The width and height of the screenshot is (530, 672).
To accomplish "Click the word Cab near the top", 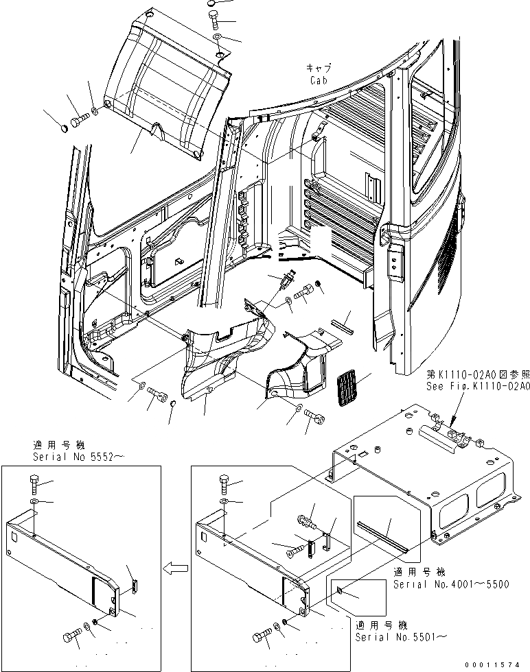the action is (319, 80).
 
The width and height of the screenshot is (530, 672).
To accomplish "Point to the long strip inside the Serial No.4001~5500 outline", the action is (382, 536).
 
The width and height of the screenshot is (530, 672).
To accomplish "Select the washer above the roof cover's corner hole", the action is (216, 37).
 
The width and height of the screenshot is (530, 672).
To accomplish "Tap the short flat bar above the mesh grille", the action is (340, 324).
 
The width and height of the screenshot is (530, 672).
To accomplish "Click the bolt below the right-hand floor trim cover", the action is (316, 416).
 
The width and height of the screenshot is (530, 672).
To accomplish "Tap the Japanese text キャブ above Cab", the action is (319, 69).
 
